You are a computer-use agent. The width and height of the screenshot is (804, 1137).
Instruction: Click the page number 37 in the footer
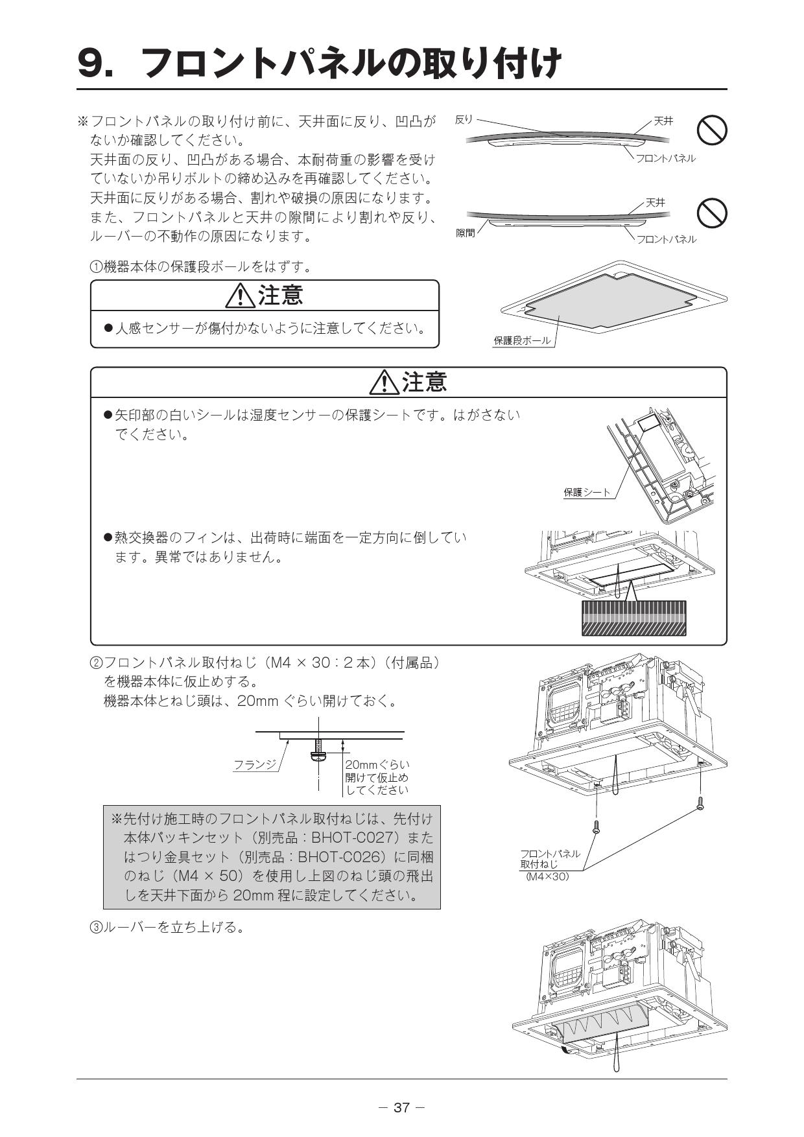pos(401,1107)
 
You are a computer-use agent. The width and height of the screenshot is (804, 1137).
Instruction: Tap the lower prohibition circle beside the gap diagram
pos(711,213)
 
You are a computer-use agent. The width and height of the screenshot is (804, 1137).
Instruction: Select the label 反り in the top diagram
pos(464,119)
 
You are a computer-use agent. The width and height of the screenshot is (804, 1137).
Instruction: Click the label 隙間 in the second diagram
pos(466,233)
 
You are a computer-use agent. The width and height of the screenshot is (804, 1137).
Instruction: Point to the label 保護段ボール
pos(522,340)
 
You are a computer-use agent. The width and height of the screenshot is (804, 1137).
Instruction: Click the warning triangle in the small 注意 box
pos(240,296)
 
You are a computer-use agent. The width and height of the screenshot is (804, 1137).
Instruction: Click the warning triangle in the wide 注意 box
pos(384,382)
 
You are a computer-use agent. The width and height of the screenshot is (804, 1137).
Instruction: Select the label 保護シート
pos(587,492)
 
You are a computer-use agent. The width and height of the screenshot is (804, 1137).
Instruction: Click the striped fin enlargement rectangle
pos(633,618)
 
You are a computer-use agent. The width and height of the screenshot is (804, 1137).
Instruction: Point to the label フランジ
pos(255,764)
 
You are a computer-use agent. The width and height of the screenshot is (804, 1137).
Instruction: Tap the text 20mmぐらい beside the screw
pos(377,764)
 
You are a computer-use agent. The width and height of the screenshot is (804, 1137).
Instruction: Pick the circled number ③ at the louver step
pos(95,928)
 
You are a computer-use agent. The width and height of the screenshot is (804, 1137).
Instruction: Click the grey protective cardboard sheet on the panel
pos(609,300)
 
